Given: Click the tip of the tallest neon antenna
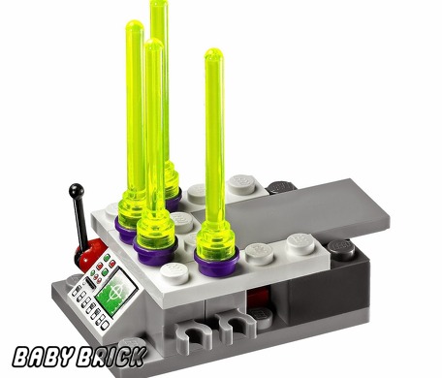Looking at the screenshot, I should pyautogui.click(x=158, y=5).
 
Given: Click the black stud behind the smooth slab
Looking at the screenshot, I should pyautogui.click(x=281, y=184).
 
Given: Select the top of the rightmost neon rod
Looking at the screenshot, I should pyautogui.click(x=212, y=55).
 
